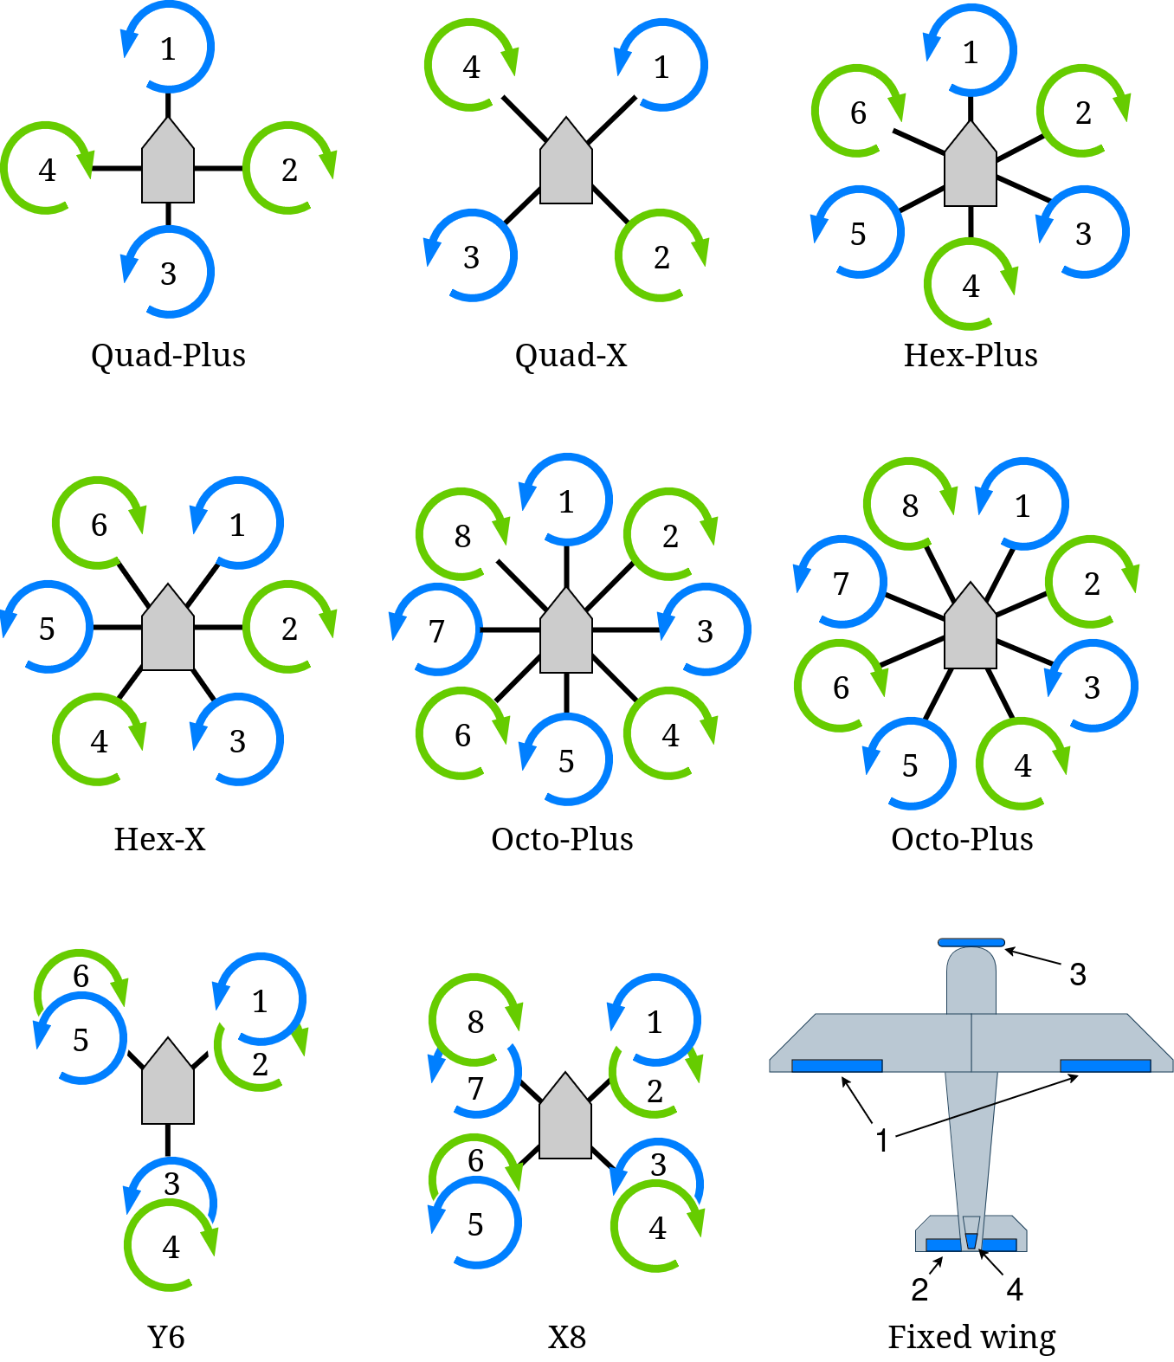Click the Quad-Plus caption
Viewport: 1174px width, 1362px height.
coord(168,355)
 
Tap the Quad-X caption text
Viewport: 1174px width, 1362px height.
coord(571,355)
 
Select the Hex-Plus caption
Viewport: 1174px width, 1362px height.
coord(971,355)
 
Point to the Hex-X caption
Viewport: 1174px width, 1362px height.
coord(160,839)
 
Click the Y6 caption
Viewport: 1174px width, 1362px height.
coord(166,1338)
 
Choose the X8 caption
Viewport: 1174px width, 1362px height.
coord(567,1338)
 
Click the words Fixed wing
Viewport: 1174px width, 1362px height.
coord(971,1338)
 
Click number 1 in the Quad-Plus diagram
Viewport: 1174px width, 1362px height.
coord(168,49)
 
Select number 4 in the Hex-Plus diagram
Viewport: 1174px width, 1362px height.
coord(971,286)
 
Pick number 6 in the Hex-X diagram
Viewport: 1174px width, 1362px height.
coord(99,525)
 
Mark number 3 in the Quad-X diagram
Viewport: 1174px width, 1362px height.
coord(471,257)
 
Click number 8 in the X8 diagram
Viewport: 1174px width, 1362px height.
coord(475,1022)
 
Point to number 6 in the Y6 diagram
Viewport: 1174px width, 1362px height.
coord(81,976)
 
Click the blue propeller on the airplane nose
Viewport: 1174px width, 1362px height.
coord(971,942)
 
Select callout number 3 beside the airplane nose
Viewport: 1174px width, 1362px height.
coord(1077,975)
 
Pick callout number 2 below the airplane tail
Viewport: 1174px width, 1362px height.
coord(919,1290)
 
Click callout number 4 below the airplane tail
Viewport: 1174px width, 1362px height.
coord(1015,1290)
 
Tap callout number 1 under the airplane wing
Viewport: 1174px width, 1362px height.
coord(881,1140)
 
